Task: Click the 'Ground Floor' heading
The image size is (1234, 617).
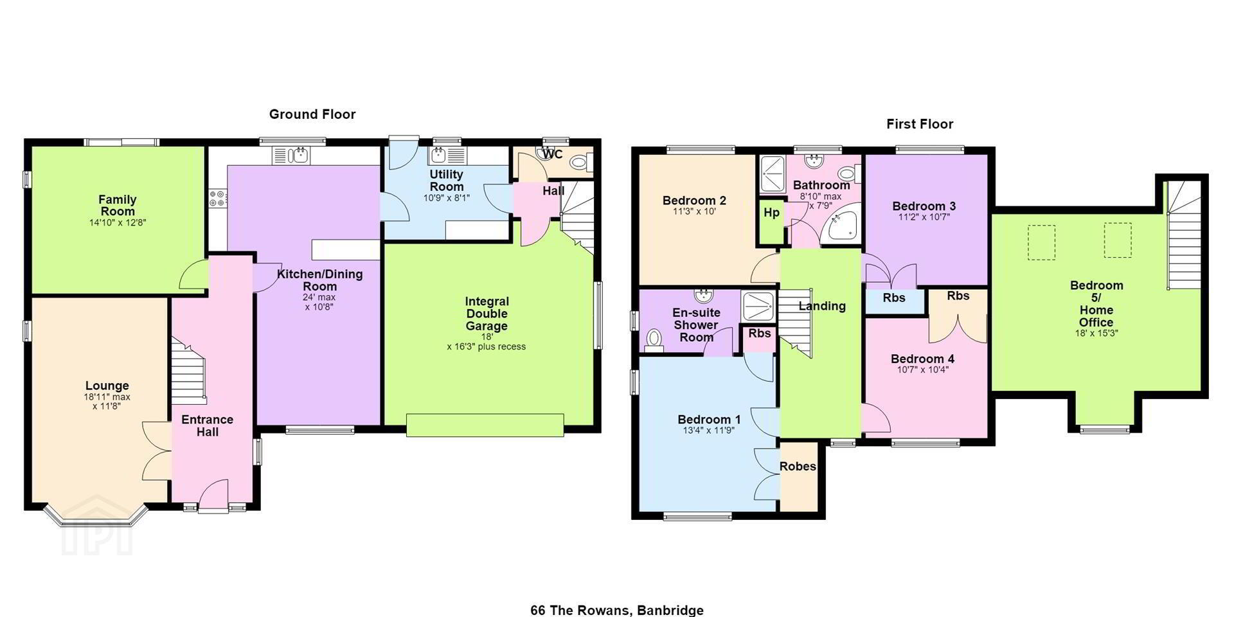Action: pos(312,114)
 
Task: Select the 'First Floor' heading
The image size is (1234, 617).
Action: pos(920,124)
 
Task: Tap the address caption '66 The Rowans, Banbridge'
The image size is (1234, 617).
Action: pos(617,610)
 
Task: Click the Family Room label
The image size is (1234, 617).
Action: pos(118,206)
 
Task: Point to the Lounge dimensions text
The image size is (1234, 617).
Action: pos(107,402)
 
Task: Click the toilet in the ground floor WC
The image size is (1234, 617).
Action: pos(580,163)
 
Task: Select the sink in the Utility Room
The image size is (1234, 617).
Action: pos(440,155)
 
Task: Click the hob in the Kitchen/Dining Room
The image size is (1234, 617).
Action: pos(217,199)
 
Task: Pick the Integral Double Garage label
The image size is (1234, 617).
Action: pos(487,314)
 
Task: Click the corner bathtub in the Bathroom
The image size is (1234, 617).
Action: pos(843,224)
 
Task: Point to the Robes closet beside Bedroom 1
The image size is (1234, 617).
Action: pos(798,476)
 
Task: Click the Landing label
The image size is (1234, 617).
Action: pos(822,307)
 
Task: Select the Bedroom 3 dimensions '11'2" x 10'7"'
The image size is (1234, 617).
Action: pos(924,217)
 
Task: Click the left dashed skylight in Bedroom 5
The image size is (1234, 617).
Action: pos(1041,242)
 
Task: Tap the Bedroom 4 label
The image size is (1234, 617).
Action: pos(922,359)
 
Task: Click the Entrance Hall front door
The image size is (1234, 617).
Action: pos(213,496)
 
